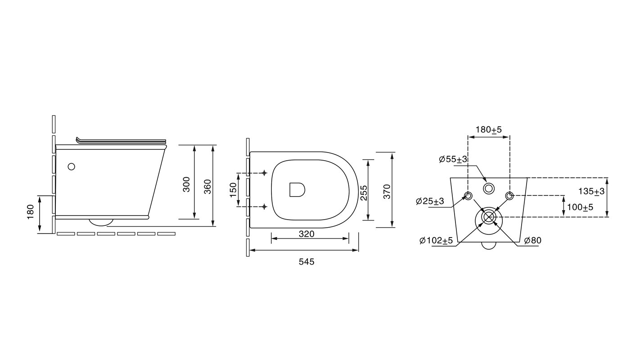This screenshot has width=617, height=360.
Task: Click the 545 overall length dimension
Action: pyautogui.click(x=306, y=261)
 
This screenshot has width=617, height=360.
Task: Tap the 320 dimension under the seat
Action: pyautogui.click(x=306, y=234)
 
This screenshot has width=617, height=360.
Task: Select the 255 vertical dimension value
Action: pyautogui.click(x=364, y=193)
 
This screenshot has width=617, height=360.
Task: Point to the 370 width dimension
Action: pyautogui.click(x=387, y=191)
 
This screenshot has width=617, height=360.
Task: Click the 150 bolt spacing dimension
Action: pyautogui.click(x=233, y=190)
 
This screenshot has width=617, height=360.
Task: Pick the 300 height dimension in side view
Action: pyautogui.click(x=186, y=184)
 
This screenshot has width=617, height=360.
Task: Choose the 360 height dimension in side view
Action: pyautogui.click(x=207, y=186)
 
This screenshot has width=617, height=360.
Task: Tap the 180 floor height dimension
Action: pyautogui.click(x=30, y=212)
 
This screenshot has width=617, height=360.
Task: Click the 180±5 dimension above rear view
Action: pyautogui.click(x=489, y=130)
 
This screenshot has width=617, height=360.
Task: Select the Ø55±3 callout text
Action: pyautogui.click(x=453, y=159)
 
